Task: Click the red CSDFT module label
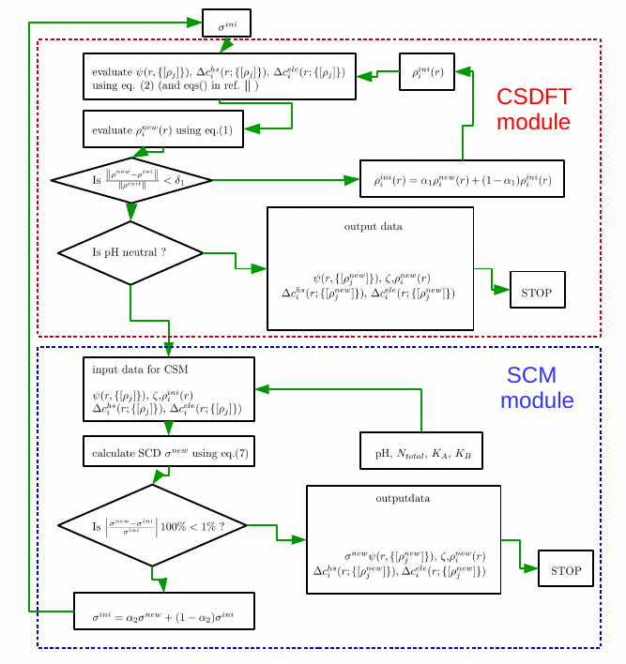tap(533, 109)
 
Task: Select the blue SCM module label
tap(535, 388)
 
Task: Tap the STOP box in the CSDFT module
tap(537, 290)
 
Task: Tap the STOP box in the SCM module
tap(566, 570)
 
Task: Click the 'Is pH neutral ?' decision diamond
tap(130, 252)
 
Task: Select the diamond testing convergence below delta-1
tap(130, 179)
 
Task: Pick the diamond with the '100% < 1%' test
tap(152, 525)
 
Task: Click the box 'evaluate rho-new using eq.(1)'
tap(163, 130)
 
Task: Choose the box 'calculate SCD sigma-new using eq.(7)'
tap(168, 452)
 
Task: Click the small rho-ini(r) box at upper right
tap(426, 71)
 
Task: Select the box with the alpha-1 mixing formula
tap(462, 178)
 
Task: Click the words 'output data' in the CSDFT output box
tap(373, 226)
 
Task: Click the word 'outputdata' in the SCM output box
tap(403, 498)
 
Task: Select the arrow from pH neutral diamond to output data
tap(235, 262)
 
